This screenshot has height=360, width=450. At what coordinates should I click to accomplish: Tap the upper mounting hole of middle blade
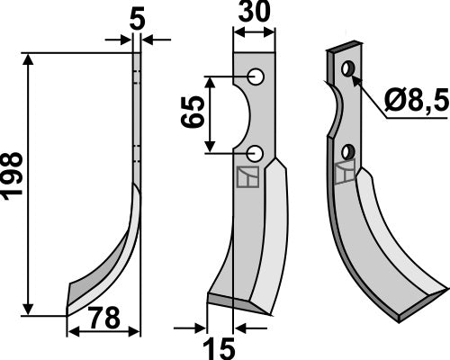pyautogui.click(x=256, y=77)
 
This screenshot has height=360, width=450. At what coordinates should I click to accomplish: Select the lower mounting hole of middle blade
pyautogui.click(x=256, y=152)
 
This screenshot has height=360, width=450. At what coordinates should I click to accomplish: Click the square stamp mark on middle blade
pyautogui.click(x=247, y=178)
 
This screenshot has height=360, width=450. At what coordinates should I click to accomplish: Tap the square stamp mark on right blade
pyautogui.click(x=343, y=173)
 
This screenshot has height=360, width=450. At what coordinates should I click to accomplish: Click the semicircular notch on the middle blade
pyautogui.click(x=241, y=114)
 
